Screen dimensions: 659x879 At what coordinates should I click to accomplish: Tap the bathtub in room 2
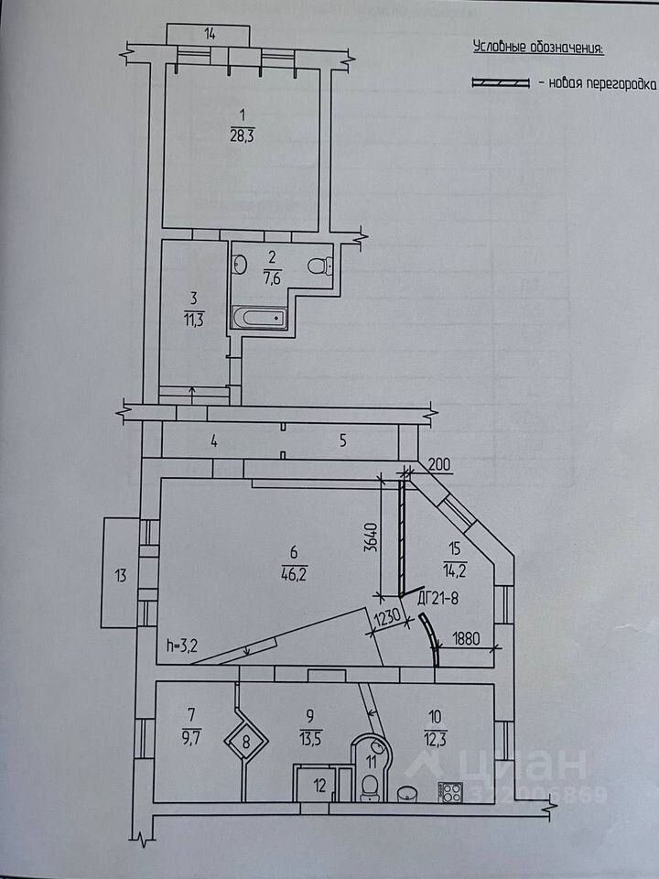point(260,319)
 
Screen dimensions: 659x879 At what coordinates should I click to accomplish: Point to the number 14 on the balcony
point(210,35)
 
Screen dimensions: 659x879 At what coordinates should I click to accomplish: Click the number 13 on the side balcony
point(120,575)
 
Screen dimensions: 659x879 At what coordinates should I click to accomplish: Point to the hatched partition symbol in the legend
point(500,83)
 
